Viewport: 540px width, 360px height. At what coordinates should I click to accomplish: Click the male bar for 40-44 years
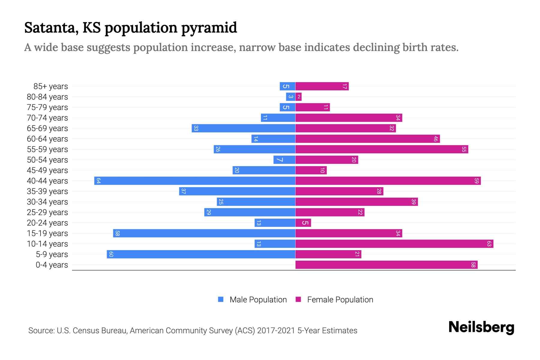tap(195, 181)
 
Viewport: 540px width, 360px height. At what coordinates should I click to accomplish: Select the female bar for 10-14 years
tap(394, 244)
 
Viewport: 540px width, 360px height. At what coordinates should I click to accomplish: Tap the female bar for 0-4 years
tap(386, 265)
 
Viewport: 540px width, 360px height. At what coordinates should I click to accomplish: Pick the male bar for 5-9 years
tap(201, 254)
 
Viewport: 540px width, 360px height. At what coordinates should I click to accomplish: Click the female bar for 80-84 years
tap(298, 97)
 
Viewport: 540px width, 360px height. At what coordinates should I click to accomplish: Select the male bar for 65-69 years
tap(244, 128)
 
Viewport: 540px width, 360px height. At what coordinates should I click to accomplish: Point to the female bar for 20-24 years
tap(303, 223)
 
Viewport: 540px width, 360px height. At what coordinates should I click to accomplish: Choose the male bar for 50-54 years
tap(284, 160)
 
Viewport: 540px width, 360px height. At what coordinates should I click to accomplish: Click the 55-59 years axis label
tap(47, 149)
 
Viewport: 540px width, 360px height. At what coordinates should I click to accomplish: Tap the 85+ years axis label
tap(51, 86)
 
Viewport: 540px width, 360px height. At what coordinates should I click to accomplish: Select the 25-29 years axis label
tap(47, 212)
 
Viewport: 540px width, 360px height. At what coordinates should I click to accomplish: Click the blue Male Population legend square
tap(221, 299)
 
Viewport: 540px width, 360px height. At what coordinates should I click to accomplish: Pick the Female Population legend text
tap(340, 300)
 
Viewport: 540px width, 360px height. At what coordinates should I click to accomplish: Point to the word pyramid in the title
tap(209, 28)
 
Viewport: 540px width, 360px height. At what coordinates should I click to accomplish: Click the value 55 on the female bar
tap(464, 149)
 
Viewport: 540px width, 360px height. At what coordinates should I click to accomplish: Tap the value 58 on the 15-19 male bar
tap(117, 233)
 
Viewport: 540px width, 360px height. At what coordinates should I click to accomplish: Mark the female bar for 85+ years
tap(322, 86)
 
